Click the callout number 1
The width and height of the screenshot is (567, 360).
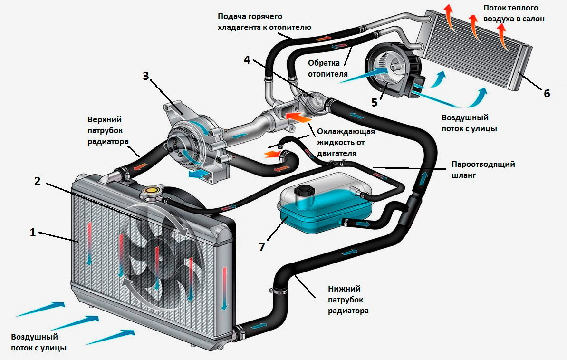tap(33, 233)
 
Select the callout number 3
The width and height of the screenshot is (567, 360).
tap(146, 76)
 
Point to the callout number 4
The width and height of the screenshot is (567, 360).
tap(247, 60)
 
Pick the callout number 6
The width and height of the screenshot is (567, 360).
tap(547, 94)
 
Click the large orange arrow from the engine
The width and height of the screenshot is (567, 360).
tap(298, 117)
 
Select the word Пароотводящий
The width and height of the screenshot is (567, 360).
tap(483, 164)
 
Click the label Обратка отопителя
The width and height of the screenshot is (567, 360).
tap(327, 68)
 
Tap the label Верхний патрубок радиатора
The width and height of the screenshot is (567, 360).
tap(107, 130)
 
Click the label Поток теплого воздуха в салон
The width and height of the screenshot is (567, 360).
tap(513, 13)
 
